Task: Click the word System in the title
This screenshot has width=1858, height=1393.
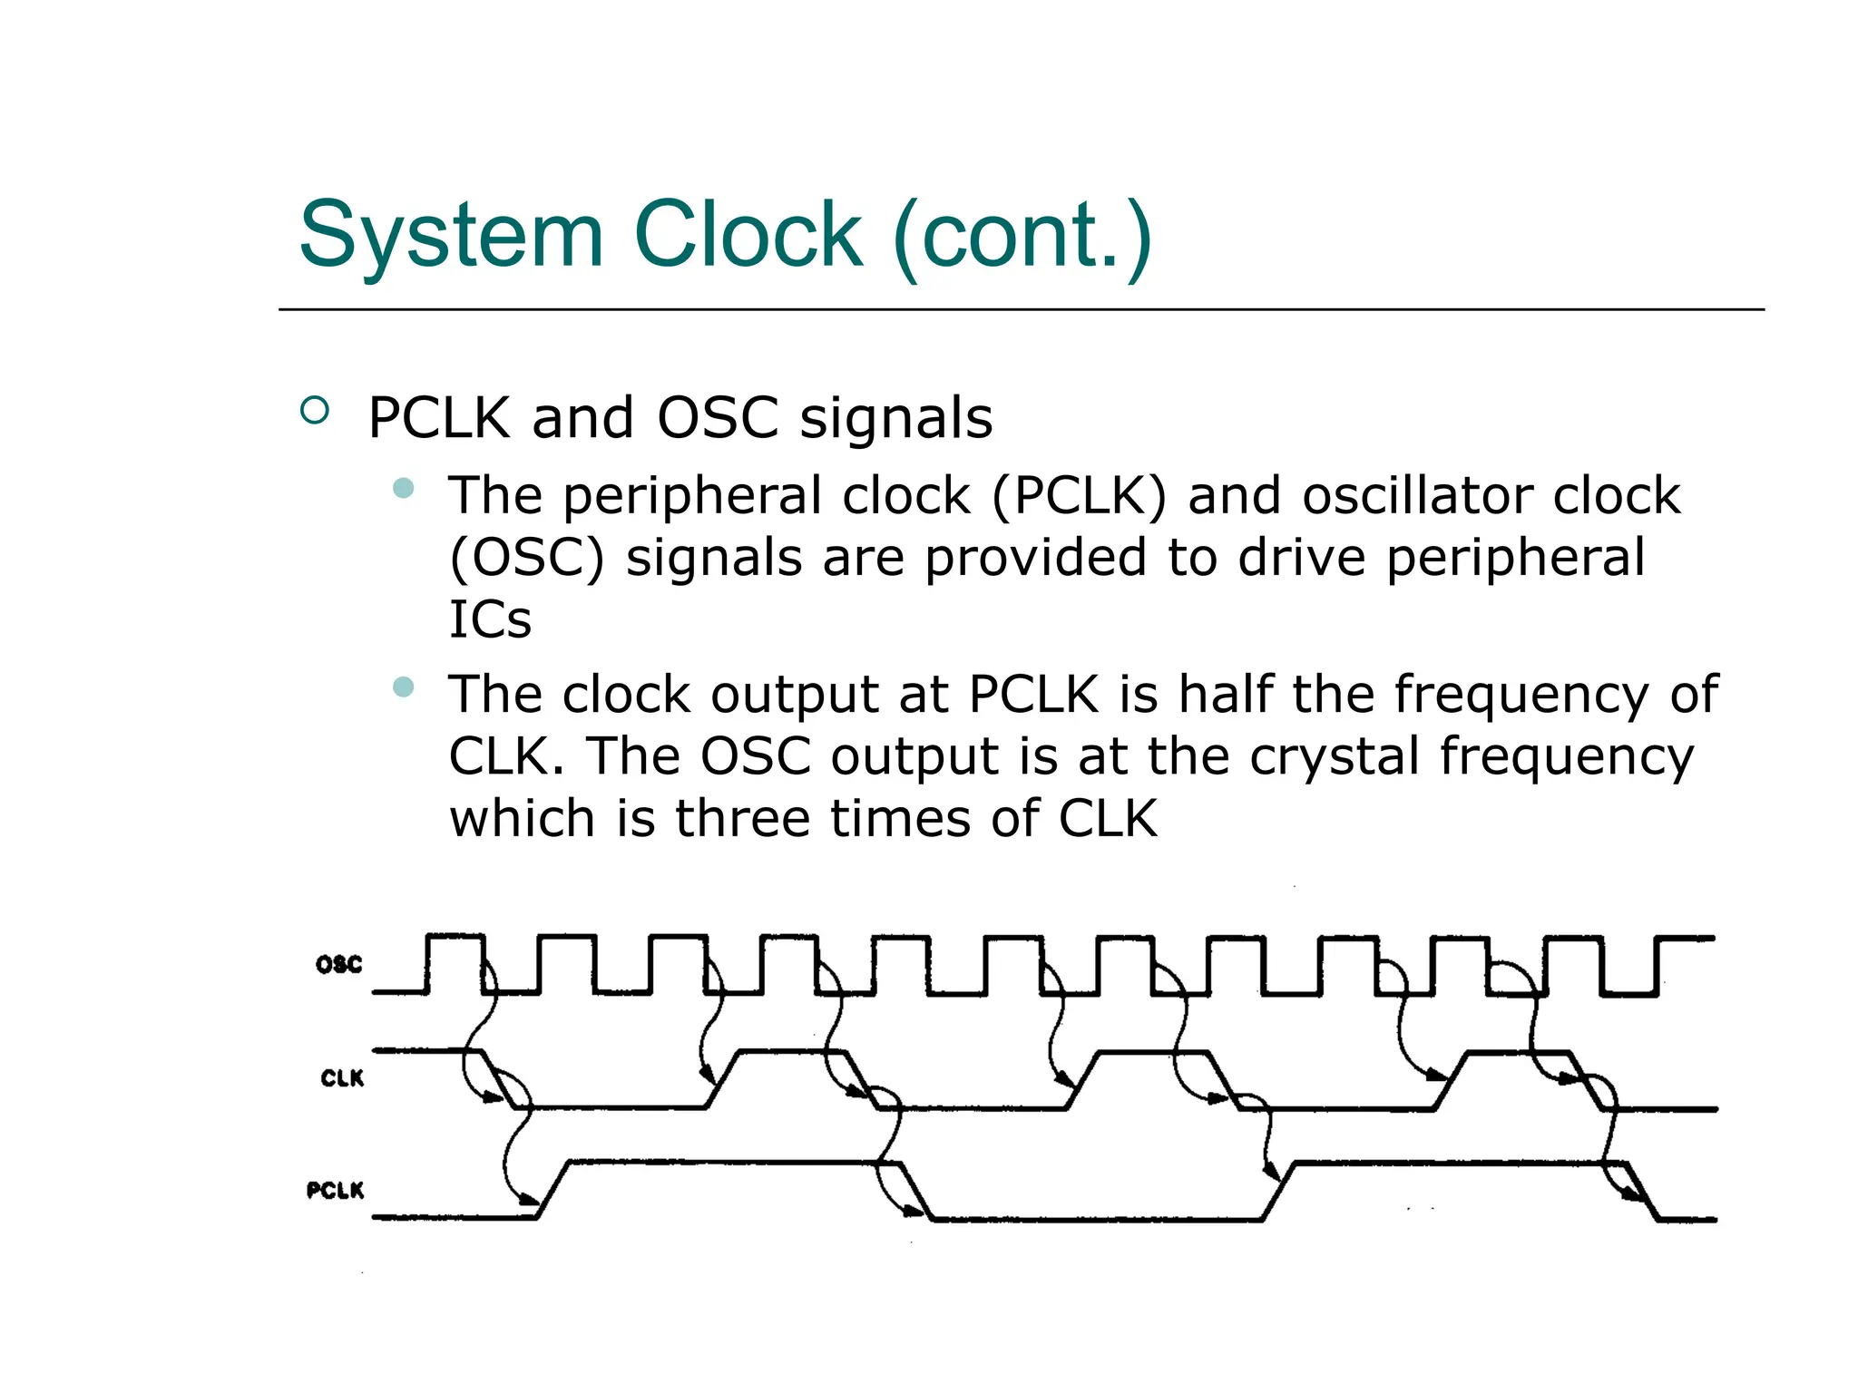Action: click(x=451, y=236)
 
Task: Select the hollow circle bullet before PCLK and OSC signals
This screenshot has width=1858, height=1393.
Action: click(x=314, y=411)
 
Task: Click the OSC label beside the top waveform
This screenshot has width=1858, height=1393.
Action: click(x=338, y=964)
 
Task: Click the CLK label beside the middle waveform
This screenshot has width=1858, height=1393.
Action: click(x=341, y=1078)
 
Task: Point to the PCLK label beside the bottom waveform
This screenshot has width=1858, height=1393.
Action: click(x=335, y=1190)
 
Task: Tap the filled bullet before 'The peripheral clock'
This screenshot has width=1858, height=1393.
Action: click(x=404, y=489)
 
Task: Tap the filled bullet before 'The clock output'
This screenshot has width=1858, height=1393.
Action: click(x=404, y=687)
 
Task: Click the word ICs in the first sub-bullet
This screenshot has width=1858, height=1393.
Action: click(x=490, y=620)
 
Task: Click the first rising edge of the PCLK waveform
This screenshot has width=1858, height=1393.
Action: click(x=553, y=1189)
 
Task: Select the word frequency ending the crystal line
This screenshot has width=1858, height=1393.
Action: click(x=1566, y=757)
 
